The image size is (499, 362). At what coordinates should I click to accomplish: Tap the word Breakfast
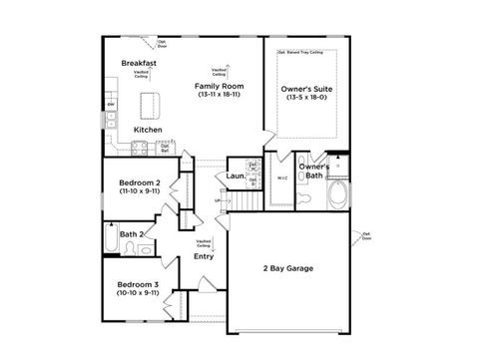[x=139, y=63]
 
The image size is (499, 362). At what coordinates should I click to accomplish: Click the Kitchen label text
[x=148, y=130]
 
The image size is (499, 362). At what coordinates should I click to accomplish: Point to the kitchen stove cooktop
[x=138, y=150]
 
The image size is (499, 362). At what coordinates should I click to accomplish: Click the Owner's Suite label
[x=307, y=87]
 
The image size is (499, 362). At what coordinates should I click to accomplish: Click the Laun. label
[x=236, y=177]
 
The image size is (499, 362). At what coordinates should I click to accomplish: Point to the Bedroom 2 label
[x=139, y=182]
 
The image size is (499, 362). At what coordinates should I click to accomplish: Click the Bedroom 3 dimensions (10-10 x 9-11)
[x=139, y=294]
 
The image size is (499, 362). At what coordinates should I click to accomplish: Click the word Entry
[x=203, y=256]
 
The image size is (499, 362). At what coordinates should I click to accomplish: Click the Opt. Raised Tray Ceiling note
[x=299, y=49]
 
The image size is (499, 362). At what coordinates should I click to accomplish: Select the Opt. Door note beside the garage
[x=365, y=236]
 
